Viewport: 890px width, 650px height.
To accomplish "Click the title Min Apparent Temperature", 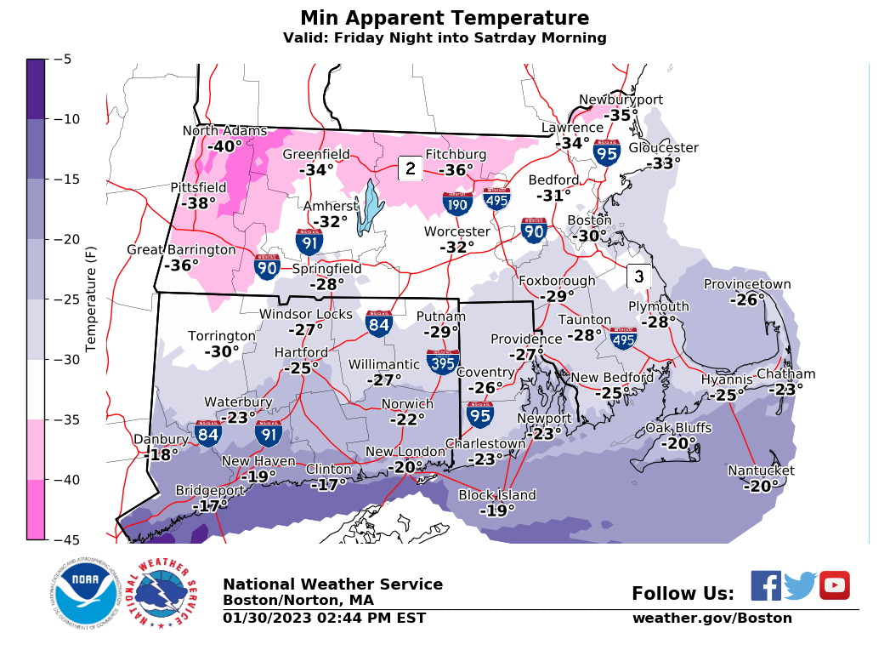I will click(x=445, y=18).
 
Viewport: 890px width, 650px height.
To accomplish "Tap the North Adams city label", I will click(x=224, y=131).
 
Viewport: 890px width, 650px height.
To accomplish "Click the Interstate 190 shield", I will click(x=457, y=203).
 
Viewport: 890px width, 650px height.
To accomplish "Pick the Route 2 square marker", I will click(x=410, y=168).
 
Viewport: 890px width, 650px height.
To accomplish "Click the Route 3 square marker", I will click(x=639, y=276).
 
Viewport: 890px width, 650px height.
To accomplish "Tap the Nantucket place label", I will click(x=761, y=470).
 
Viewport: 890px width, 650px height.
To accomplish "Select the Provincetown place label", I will click(x=747, y=285).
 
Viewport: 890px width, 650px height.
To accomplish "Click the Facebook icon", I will click(x=766, y=585).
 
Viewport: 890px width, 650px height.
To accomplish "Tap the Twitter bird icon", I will click(x=800, y=585).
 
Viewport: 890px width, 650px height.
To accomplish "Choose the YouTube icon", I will click(x=834, y=585).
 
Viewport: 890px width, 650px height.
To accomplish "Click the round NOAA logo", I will click(x=83, y=594).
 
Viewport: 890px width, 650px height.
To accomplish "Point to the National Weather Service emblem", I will click(x=167, y=594).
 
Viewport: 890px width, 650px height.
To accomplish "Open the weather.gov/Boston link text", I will click(x=711, y=619).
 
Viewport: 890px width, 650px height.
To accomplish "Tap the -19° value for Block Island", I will click(x=497, y=510).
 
